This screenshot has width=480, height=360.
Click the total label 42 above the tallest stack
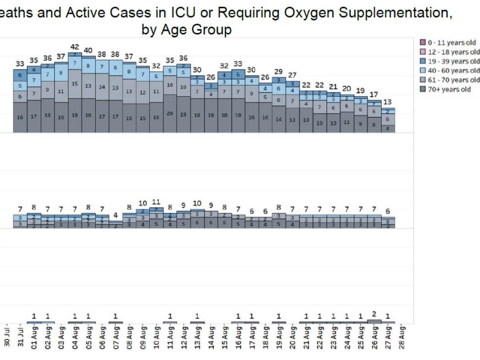pos(75,47)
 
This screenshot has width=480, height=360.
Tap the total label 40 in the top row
pos(88,50)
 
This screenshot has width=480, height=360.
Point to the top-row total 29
pos(279,71)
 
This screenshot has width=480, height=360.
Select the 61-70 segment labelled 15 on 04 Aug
pos(75,84)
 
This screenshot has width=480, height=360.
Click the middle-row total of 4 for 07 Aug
pos(116,215)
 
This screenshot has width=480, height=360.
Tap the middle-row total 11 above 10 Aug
pos(156,202)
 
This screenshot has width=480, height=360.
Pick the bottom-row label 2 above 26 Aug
pos(374,314)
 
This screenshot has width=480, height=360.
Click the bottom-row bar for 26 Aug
pos(374,321)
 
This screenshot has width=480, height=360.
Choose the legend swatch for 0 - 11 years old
pos(423,42)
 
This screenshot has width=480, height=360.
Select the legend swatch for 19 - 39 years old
pos(423,61)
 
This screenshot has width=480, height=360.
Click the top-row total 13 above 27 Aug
pos(388,102)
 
